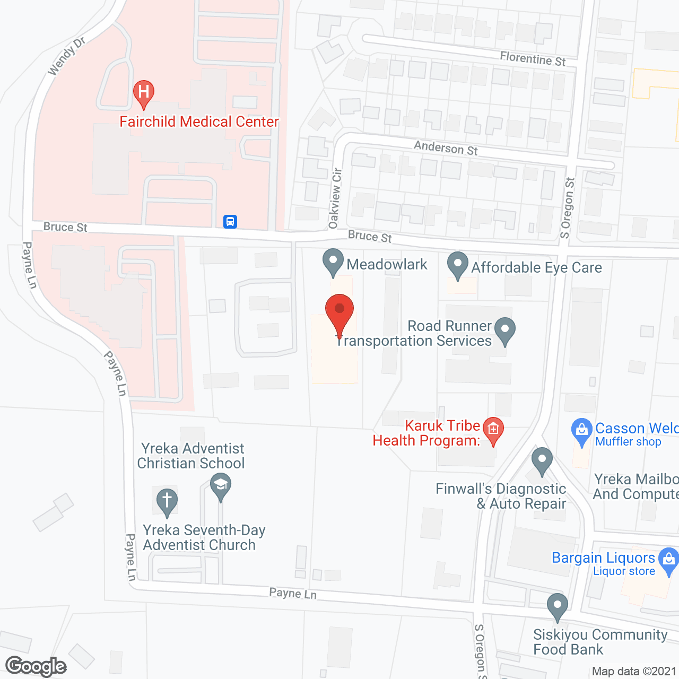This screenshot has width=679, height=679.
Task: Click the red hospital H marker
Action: pos(143,93)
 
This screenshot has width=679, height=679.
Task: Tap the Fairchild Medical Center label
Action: pos(199,122)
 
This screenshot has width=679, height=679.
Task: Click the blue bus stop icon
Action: pos(230,221)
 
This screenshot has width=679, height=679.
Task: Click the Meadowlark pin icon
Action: pos(333,262)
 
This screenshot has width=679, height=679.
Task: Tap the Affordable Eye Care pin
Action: pos(457,265)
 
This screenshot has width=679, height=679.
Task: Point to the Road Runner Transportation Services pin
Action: pos(504,330)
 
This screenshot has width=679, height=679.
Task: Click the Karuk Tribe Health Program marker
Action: pos(493,430)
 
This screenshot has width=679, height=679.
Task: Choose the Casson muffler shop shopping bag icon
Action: pos(581,431)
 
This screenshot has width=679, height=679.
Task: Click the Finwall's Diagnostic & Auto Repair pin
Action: pos(542,460)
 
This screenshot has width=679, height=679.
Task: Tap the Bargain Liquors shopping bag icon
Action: pos(668,561)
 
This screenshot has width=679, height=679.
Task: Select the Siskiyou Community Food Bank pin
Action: pos(557,606)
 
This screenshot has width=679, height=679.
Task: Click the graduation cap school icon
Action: pos(220,486)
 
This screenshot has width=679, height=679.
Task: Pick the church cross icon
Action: pos(167,501)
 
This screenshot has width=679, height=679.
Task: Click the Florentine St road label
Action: pos(533,58)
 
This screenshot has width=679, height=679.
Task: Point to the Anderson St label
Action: pos(446,147)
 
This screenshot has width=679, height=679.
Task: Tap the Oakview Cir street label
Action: pos(335,198)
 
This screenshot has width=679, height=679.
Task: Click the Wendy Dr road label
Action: pos(66,56)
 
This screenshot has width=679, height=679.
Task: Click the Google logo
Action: pos(36,666)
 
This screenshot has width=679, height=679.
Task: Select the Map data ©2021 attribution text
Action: pos(634,672)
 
